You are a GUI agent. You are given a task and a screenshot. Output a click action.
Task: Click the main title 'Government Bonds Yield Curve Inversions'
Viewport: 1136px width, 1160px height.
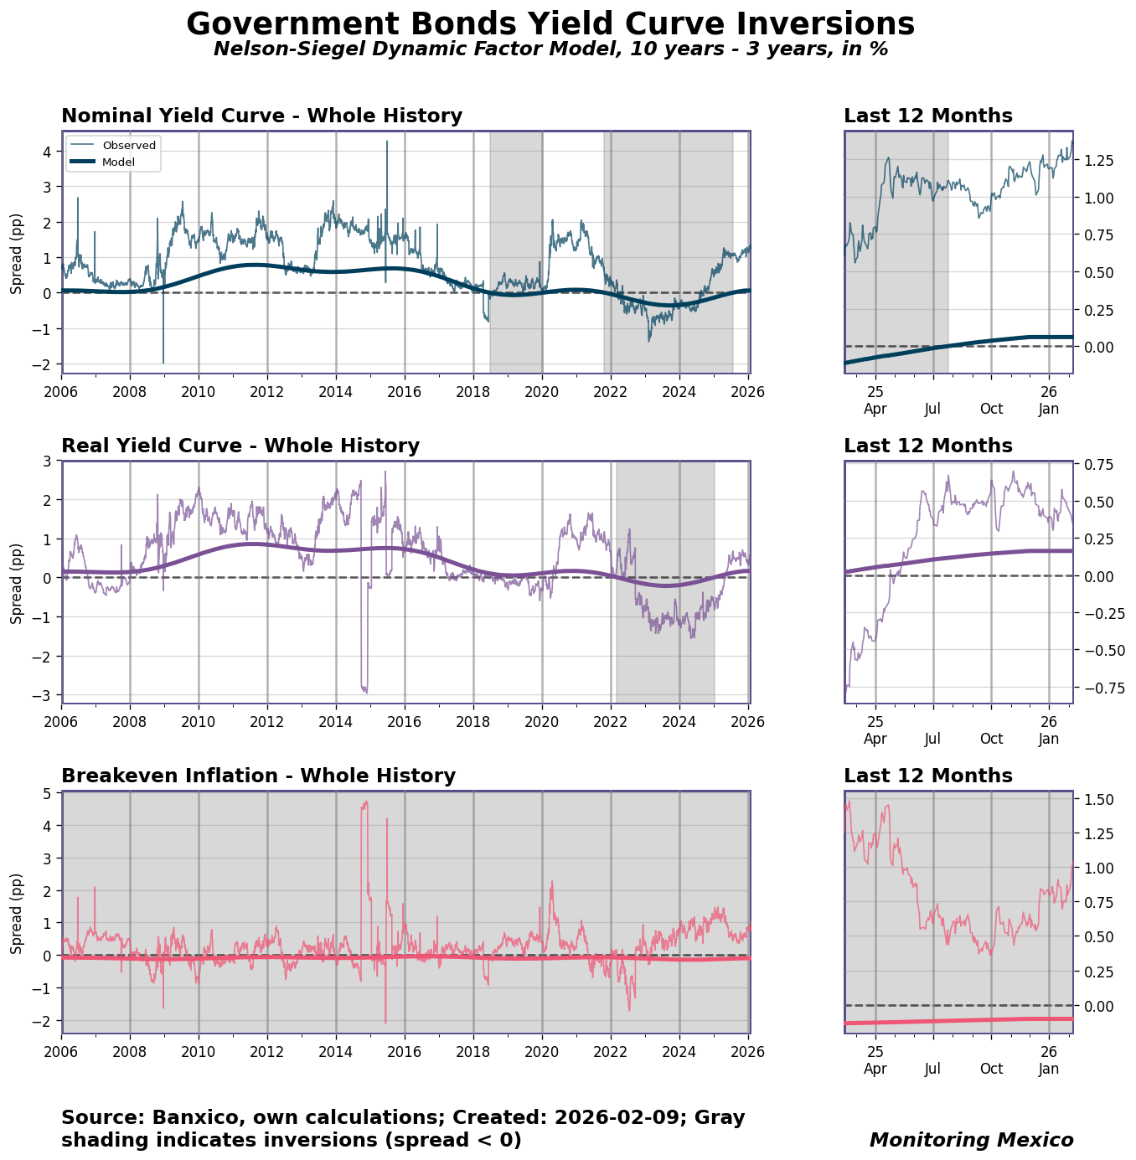coord(550,24)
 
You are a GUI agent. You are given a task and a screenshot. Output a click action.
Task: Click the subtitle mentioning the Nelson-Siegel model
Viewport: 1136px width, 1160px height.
coord(550,49)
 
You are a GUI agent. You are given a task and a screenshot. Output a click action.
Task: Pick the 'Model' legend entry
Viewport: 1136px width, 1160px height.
coord(118,162)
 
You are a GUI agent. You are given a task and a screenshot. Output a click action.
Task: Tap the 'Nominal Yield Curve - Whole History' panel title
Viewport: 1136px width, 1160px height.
coord(261,116)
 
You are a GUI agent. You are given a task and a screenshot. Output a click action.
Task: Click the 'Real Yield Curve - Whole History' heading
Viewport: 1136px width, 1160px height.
coord(240,446)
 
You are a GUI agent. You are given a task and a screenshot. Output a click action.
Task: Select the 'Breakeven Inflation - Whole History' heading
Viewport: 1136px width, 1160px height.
coord(258,776)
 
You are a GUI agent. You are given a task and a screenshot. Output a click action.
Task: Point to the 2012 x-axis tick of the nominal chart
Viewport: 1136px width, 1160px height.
coord(267,390)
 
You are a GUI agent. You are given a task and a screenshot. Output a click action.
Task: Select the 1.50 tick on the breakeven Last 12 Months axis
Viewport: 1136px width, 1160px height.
coord(1095,800)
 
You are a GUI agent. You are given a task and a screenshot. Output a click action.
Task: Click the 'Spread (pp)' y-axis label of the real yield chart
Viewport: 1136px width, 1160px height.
coord(17,582)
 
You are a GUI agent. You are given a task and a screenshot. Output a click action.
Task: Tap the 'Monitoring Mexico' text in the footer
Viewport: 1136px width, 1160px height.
coord(971,1140)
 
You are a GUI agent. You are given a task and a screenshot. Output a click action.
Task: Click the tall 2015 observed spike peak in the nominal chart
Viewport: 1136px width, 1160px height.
coord(387,142)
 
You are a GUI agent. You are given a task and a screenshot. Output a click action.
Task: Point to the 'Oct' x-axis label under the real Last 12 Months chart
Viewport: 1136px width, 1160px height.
coord(991,739)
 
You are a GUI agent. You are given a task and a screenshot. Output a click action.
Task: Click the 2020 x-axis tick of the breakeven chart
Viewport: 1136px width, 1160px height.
coord(542,1050)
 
